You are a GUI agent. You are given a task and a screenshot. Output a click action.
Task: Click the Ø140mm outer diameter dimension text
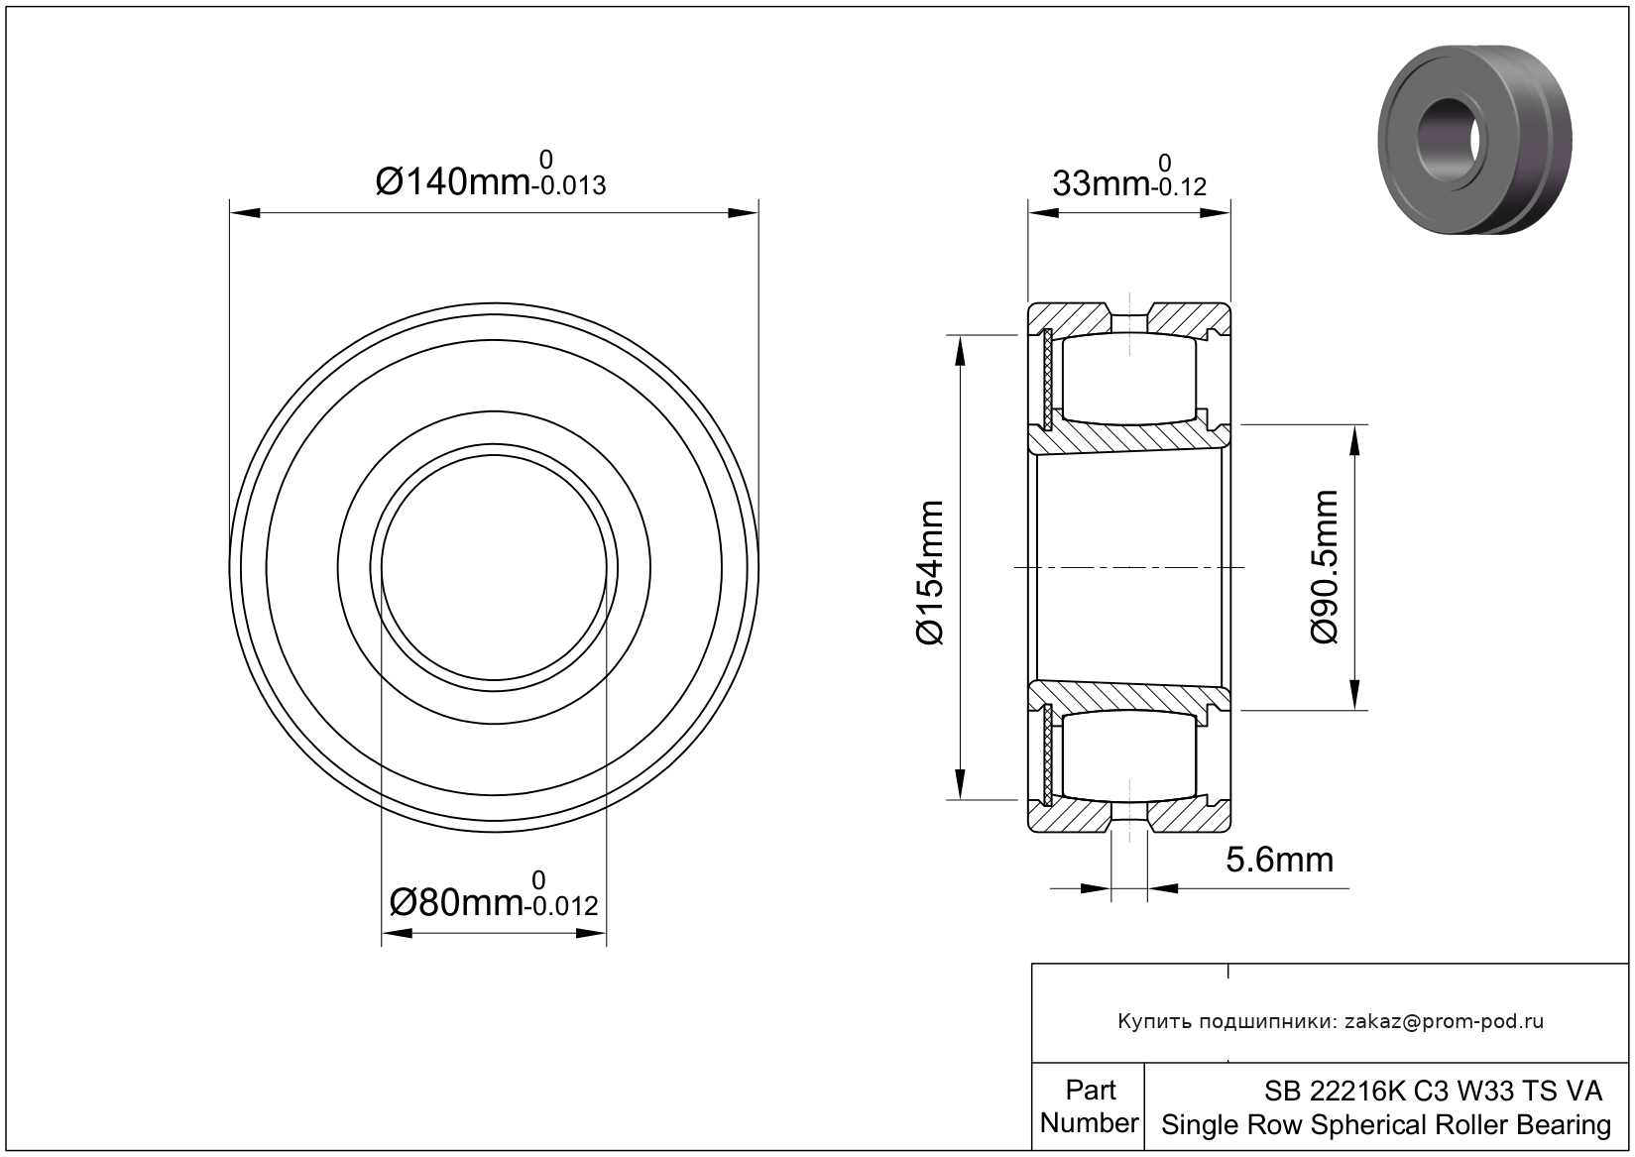click(452, 182)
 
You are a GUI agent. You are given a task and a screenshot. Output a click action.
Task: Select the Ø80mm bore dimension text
click(456, 904)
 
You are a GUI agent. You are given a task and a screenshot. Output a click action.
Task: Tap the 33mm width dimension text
click(1100, 184)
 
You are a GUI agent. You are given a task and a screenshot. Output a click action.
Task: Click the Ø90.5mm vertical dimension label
click(1325, 567)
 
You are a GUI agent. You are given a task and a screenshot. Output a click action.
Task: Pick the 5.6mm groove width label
click(1279, 860)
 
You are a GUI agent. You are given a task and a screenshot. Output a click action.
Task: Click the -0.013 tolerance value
click(569, 186)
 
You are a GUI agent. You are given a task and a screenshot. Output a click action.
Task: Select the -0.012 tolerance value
click(561, 906)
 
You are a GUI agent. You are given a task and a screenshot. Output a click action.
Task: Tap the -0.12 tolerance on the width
click(1178, 187)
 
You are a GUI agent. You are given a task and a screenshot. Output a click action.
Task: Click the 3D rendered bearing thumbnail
click(1474, 140)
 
